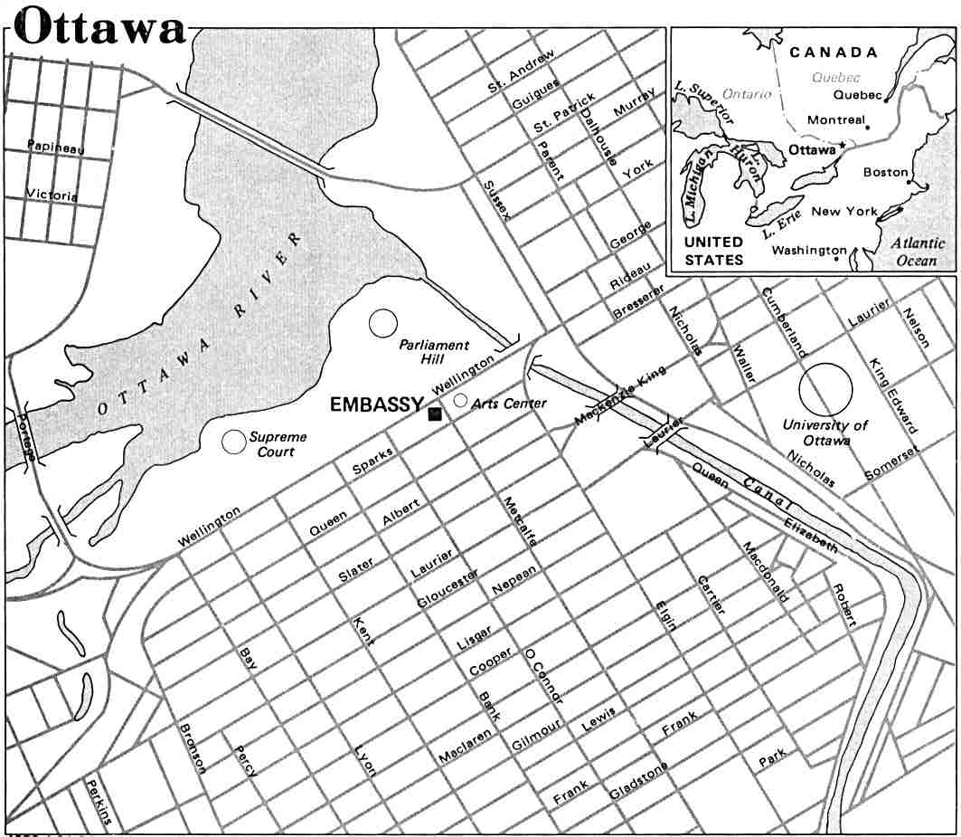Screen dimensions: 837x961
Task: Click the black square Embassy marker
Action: tap(435, 414)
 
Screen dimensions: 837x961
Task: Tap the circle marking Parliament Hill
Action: tap(383, 322)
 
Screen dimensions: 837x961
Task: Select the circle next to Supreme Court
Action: tap(234, 441)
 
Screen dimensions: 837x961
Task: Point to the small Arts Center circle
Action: tap(460, 400)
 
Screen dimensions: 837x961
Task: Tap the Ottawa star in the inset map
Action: tap(842, 146)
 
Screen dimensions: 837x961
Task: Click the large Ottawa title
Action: tap(99, 26)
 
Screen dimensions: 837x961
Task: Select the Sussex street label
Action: tap(496, 200)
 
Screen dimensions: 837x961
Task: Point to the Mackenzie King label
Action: tap(621, 395)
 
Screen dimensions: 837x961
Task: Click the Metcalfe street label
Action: tap(521, 521)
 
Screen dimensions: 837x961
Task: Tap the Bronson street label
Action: tap(193, 747)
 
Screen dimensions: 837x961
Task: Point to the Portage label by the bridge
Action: tap(26, 436)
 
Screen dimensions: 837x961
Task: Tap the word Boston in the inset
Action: tap(885, 172)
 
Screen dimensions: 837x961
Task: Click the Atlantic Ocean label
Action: tap(915, 252)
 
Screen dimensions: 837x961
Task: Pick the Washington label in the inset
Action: tap(810, 251)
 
